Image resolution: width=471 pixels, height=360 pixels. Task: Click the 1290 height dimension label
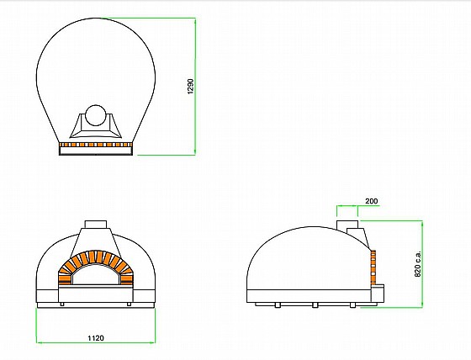(190, 87)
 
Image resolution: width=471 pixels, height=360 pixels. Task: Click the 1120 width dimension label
(96, 338)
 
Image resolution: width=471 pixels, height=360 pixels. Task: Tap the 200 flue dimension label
(372, 201)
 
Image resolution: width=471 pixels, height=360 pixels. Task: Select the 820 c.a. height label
(418, 263)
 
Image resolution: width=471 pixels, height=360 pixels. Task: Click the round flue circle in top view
(96, 115)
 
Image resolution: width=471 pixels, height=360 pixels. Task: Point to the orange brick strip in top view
(96, 145)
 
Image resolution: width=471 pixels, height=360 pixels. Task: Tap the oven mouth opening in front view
(96, 276)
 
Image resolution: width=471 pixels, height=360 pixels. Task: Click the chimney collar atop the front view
(96, 225)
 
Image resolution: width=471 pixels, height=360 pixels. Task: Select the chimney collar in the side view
(347, 225)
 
